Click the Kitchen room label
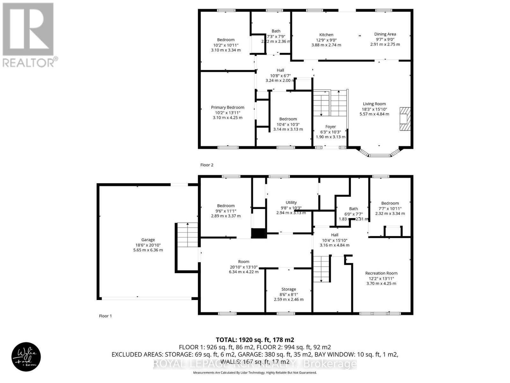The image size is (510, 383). coord(326,35)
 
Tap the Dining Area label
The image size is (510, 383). coord(385,34)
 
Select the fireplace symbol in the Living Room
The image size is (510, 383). coord(405,119)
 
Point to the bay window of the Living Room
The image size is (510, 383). coord(379,154)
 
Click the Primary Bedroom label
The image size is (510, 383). coord(228,108)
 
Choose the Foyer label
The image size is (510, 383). coord(331,127)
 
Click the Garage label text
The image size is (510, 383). coord(148,240)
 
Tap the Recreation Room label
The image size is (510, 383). coord(381,273)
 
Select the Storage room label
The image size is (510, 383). coord(288,289)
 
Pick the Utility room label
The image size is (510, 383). coord(291,202)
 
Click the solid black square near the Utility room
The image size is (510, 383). coord(259,233)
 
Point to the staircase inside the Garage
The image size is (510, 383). coord(187,235)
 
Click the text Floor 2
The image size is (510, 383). coord(207,165)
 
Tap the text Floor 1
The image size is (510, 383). coord(106,316)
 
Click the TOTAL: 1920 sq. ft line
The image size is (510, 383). coord(255,340)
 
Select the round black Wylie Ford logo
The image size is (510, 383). coord(26,357)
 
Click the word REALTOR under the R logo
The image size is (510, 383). coord(29,62)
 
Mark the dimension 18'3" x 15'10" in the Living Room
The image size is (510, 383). coord(374,109)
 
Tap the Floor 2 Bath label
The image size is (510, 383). coord(276,31)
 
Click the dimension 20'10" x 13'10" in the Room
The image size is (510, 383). coord(244,267)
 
